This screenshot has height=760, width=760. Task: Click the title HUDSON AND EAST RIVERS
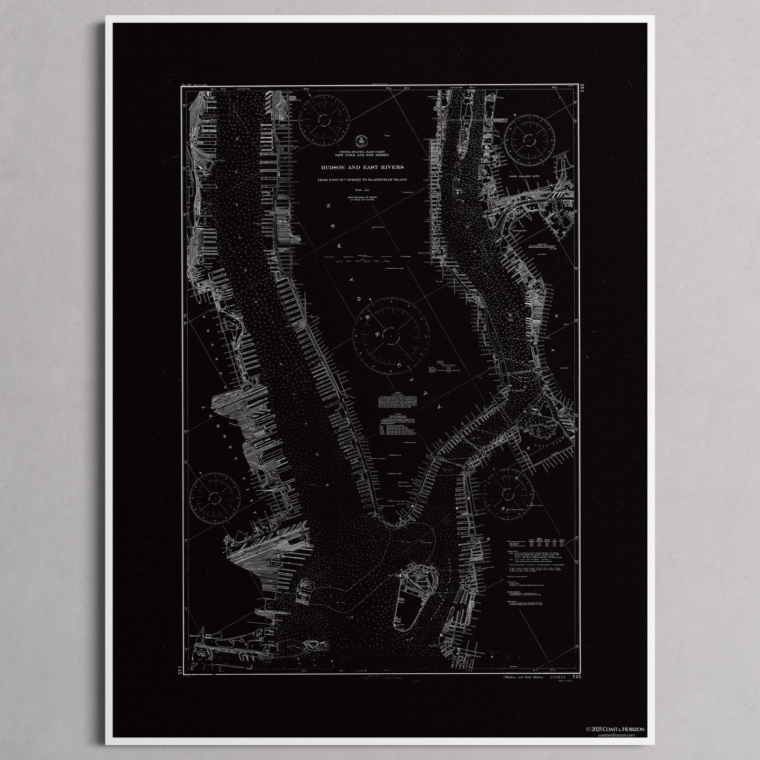360,167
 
